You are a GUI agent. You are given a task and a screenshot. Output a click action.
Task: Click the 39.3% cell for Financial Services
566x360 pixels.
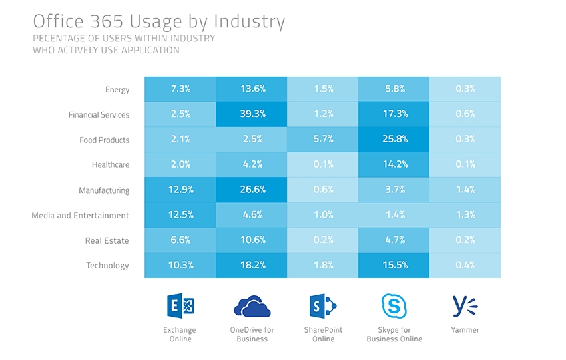(x=252, y=114)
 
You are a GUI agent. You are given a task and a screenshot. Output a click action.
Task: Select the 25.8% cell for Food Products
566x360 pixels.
(x=394, y=140)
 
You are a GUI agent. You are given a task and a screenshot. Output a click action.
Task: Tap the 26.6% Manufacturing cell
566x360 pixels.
(x=252, y=190)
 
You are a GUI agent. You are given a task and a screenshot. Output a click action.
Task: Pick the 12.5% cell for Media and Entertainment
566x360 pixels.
(x=181, y=215)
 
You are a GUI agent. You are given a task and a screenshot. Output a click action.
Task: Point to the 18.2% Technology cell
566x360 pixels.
(x=252, y=266)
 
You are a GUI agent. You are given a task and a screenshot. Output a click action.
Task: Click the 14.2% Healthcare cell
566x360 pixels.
(x=394, y=165)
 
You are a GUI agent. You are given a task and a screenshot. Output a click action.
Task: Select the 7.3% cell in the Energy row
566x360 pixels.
(x=181, y=89)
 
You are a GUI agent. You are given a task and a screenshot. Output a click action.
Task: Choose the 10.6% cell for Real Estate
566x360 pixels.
(x=252, y=240)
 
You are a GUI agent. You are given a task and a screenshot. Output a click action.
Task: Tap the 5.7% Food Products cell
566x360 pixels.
(x=323, y=140)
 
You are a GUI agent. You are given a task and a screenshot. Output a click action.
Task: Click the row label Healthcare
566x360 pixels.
(x=111, y=165)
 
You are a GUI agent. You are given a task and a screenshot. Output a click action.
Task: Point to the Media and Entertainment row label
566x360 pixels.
(x=80, y=216)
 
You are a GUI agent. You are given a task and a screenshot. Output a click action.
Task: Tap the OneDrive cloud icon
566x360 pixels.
(x=252, y=306)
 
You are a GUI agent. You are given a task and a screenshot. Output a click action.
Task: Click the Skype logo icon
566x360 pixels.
(x=394, y=306)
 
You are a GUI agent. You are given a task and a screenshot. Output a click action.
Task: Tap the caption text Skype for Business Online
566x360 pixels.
(x=394, y=335)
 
